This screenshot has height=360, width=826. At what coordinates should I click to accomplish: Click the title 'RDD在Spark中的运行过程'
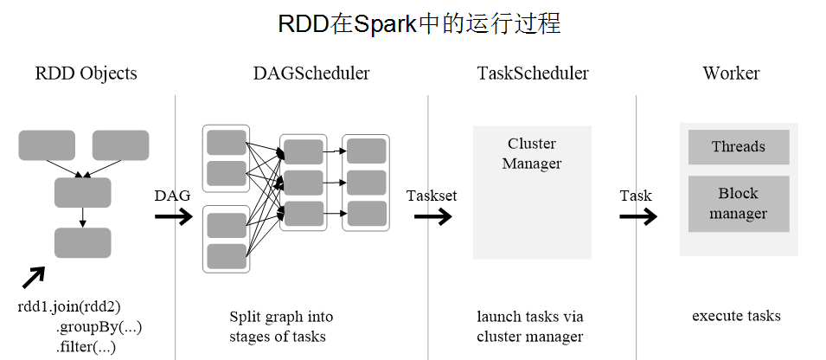[419, 23]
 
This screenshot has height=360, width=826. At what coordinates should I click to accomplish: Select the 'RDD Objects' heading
[86, 74]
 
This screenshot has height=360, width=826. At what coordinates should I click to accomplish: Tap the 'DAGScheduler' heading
[311, 74]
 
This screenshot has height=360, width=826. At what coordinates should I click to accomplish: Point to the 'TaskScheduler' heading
[533, 74]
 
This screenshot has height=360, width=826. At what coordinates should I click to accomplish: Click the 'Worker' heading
[731, 74]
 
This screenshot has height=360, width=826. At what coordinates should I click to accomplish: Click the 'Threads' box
[739, 147]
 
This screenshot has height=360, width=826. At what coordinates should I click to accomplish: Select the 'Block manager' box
[739, 203]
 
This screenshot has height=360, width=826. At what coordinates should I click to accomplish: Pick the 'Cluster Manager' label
[532, 153]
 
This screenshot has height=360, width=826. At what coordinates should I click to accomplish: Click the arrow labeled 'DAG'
[174, 215]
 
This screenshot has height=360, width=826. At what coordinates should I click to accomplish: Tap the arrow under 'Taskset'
[432, 215]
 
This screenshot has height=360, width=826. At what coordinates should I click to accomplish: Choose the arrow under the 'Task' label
[637, 215]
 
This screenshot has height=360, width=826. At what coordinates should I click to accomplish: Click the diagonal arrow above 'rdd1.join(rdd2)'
[33, 278]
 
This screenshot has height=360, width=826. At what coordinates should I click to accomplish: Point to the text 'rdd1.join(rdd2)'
[68, 306]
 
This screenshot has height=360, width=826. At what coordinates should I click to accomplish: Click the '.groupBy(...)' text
[99, 327]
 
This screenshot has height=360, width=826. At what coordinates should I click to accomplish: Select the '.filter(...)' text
[86, 347]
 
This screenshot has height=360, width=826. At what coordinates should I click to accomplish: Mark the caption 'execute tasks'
[736, 316]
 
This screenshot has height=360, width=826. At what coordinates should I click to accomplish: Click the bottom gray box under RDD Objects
[82, 243]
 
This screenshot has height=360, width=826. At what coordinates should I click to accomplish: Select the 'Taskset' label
[432, 196]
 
